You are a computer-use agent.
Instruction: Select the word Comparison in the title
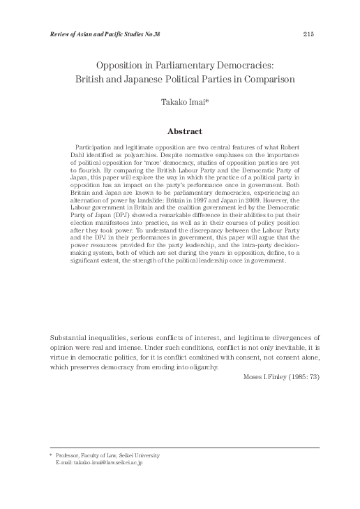pos(269,79)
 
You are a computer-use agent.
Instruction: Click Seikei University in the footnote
pos(146,455)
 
